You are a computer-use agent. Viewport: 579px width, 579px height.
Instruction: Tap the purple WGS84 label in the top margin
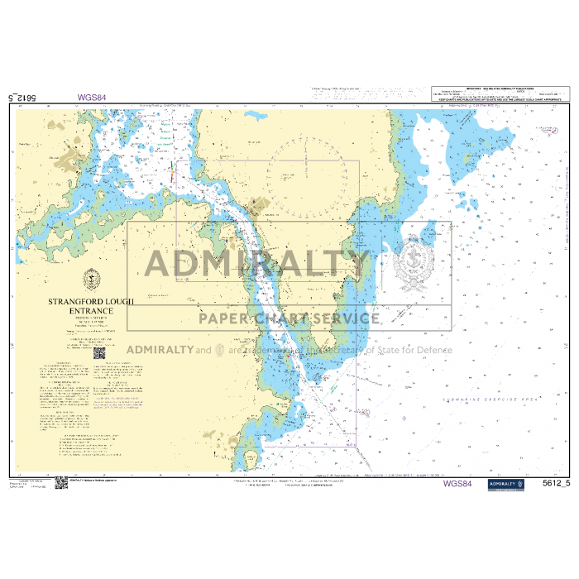tap(92, 97)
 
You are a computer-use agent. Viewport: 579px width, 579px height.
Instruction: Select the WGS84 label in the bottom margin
tap(457, 483)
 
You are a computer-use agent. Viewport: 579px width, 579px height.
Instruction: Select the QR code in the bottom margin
tap(61, 482)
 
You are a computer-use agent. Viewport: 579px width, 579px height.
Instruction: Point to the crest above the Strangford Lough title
tap(89, 279)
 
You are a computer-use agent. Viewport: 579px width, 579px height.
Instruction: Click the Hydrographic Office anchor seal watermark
tap(413, 263)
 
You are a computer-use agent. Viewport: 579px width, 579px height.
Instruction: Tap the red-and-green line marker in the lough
tap(171, 175)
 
